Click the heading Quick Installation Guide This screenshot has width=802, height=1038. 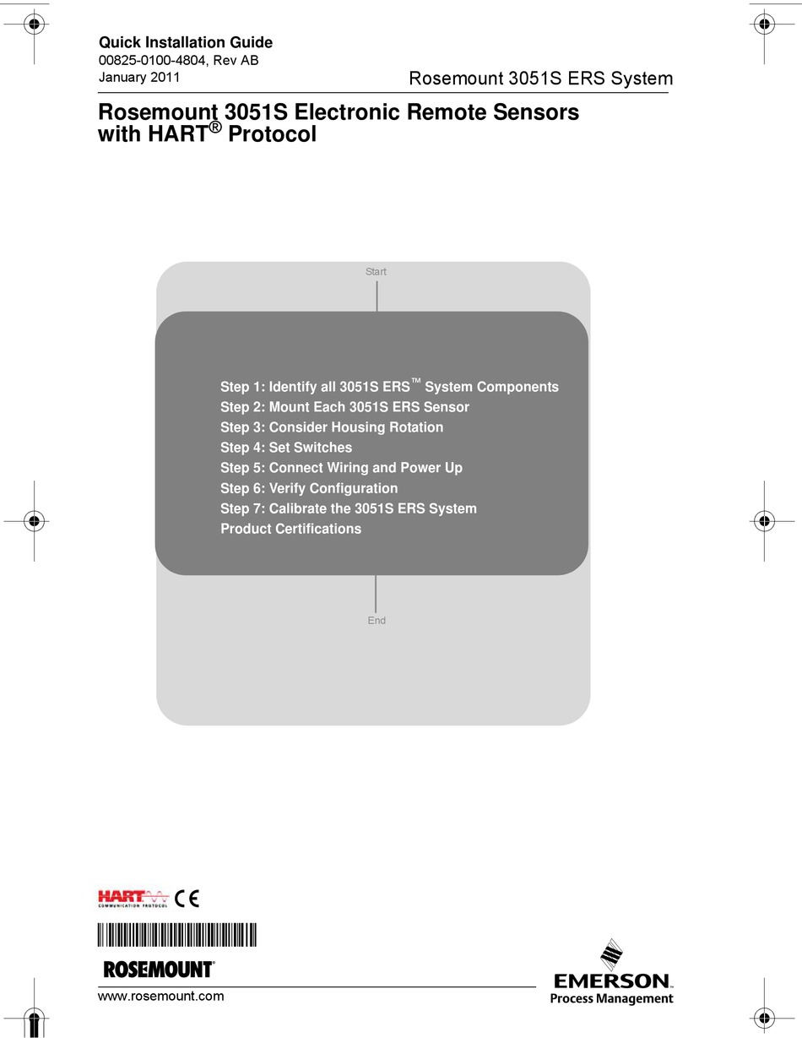186,42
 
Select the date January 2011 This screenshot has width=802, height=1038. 139,78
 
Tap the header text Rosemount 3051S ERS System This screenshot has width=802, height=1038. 540,79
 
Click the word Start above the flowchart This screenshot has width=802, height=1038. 376,272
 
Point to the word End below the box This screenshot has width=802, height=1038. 377,621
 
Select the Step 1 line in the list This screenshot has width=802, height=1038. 389,387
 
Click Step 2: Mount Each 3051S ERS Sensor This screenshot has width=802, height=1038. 344,407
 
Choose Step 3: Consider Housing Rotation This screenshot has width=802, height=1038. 332,427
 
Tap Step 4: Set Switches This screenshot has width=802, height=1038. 286,448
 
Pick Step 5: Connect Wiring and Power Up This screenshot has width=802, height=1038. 341,468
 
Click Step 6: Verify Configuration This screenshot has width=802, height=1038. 309,488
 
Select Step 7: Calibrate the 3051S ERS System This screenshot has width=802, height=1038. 349,508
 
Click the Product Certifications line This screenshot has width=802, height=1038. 290,529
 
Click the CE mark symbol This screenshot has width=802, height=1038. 187,898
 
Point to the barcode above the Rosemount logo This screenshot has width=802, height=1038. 177,936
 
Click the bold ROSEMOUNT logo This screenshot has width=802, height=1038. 158,970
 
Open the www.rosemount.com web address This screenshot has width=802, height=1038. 161,996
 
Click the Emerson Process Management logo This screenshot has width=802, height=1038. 613,980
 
